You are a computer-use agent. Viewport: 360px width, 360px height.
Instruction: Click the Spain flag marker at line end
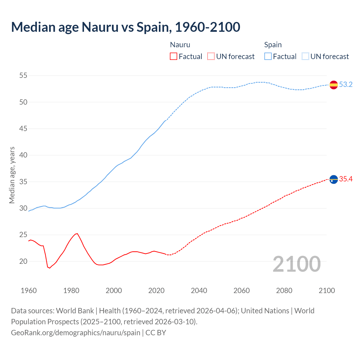(334, 85)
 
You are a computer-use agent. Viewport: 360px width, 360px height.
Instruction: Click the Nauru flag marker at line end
(334, 179)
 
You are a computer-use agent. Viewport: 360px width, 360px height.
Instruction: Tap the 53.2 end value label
(346, 85)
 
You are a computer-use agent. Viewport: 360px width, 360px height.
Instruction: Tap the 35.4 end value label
(346, 179)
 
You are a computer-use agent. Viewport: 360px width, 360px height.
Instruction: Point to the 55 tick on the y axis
(23, 76)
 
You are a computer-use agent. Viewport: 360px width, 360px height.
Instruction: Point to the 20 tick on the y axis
(23, 261)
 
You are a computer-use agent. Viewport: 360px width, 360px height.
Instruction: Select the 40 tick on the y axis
(23, 155)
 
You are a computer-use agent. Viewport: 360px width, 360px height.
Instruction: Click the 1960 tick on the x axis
(29, 291)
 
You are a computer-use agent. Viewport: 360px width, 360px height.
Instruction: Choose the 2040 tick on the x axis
(199, 291)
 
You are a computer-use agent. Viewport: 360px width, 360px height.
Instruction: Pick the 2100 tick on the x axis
(327, 291)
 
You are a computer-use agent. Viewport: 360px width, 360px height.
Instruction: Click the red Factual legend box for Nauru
(174, 57)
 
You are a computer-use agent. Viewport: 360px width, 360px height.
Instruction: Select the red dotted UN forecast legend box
(211, 57)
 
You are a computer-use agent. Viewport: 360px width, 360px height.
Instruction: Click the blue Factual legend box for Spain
(268, 57)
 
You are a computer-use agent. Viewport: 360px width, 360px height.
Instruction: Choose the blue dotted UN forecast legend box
(305, 57)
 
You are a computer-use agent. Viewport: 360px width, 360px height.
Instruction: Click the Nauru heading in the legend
(180, 45)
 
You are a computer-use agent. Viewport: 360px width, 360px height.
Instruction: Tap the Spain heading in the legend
(273, 45)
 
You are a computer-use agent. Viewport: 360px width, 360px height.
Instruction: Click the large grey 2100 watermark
(297, 264)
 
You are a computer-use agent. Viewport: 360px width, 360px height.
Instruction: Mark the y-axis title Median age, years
(12, 175)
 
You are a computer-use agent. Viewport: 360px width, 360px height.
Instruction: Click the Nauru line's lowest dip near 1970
(49, 268)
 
